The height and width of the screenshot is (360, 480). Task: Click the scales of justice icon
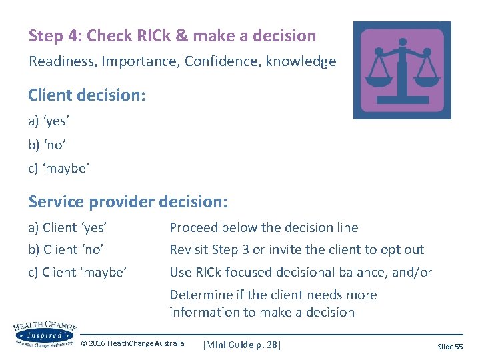[x=402, y=70]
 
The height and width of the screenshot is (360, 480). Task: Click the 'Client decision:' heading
[x=87, y=95]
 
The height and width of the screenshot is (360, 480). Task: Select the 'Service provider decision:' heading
[x=127, y=201]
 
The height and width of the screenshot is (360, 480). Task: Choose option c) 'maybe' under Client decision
[x=59, y=169]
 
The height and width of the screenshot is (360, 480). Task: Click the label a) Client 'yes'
[x=68, y=227]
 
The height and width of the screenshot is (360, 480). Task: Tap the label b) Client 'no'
[x=66, y=250]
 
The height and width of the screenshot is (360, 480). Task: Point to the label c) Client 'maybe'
[x=77, y=272]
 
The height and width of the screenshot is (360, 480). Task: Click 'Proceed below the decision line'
[x=264, y=227]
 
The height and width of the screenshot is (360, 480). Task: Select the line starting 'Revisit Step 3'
[x=297, y=250]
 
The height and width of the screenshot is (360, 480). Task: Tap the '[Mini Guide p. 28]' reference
[x=243, y=344]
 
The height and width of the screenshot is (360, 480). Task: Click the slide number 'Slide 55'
[x=450, y=346]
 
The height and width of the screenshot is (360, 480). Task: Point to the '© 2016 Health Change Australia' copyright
[x=132, y=344]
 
